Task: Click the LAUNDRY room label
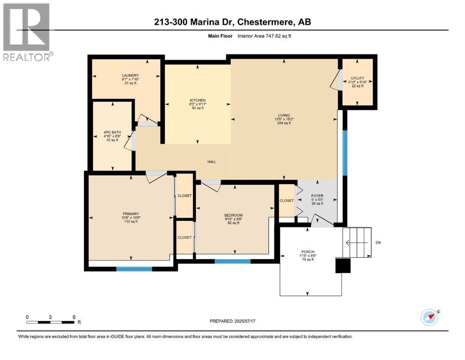pos(130,75)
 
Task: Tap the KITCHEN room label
pos(197,100)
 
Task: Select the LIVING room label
pos(284,115)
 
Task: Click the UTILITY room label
pos(357,78)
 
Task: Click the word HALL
pos(212,162)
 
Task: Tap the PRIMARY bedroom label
pos(131,214)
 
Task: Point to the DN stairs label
pos(378,243)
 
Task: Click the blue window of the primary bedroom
pos(134,269)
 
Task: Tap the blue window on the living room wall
pos(345,153)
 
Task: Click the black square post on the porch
pos(344,266)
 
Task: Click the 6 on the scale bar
pos(74,316)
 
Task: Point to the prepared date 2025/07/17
pos(252,321)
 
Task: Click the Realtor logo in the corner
pos(27,32)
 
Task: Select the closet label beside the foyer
pos(286,201)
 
